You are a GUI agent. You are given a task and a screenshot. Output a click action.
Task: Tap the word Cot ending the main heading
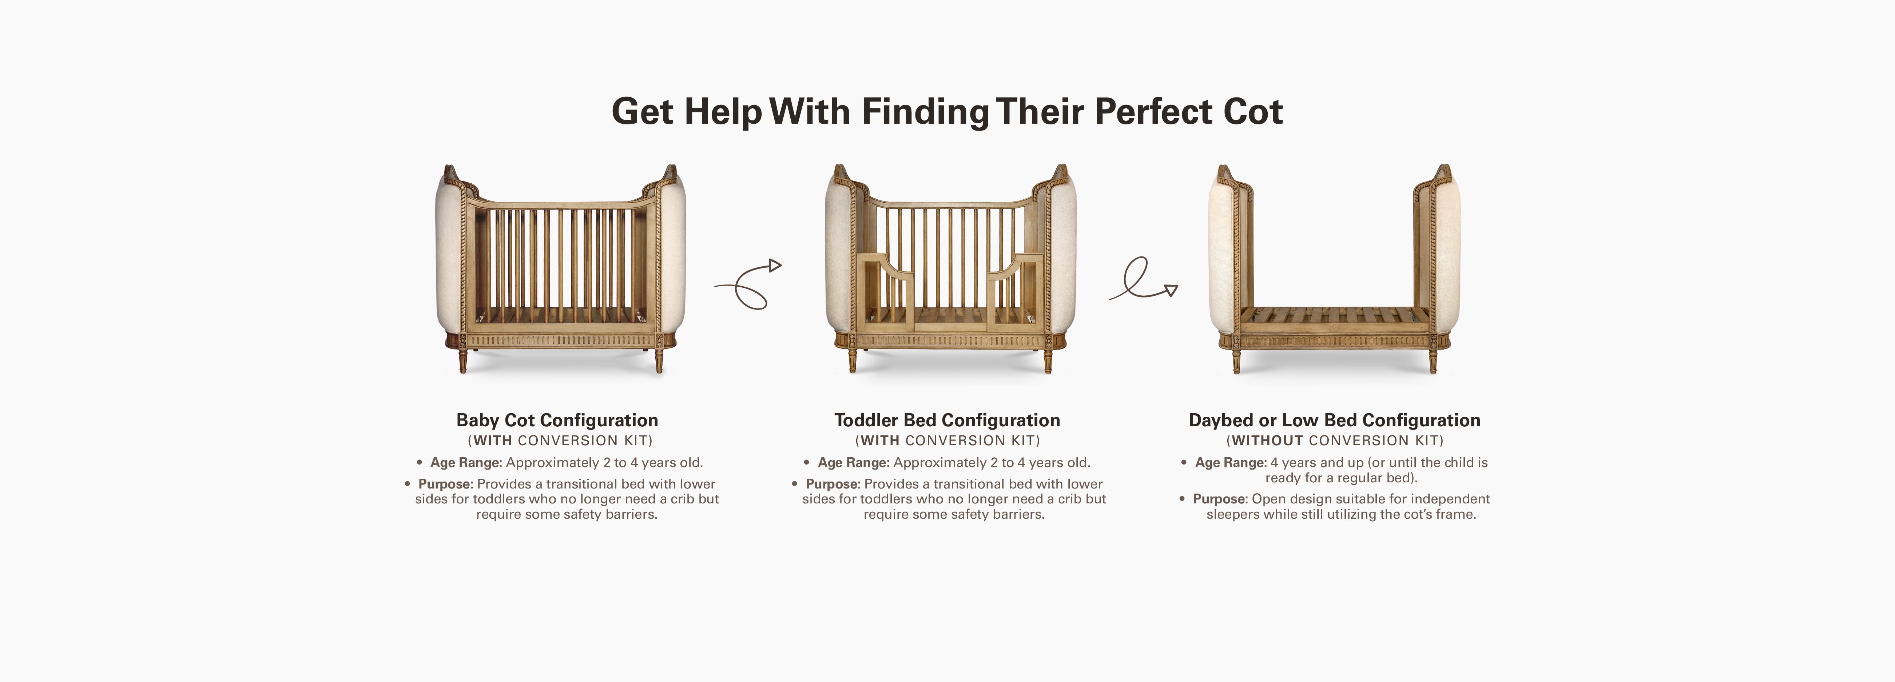click(x=1253, y=112)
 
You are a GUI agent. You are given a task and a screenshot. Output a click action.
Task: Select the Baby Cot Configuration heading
click(x=557, y=420)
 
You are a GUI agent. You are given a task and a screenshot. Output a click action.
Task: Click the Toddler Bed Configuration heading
click(x=947, y=420)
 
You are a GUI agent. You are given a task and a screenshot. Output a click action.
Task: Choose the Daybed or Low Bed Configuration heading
click(x=1334, y=420)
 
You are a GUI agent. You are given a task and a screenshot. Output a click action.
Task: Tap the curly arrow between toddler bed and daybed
click(x=1143, y=279)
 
